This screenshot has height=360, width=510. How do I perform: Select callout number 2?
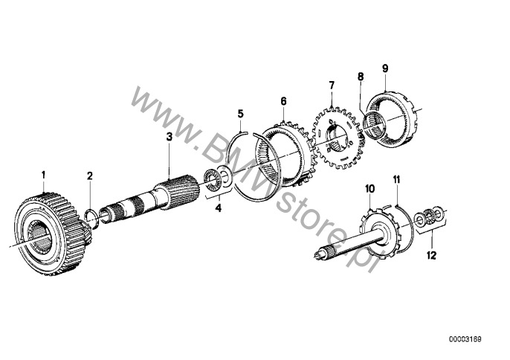coord(90,176)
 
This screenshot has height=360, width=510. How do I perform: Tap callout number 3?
coord(169,137)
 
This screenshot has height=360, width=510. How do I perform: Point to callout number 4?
coord(219,209)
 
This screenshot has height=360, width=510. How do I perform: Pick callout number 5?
coord(240,114)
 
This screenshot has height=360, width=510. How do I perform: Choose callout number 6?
coord(283,99)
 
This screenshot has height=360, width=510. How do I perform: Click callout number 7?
coord(332,87)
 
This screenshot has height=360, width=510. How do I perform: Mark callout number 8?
coord(361,76)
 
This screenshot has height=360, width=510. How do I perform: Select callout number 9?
coord(385,68)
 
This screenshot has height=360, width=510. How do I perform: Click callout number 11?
coord(396,180)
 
